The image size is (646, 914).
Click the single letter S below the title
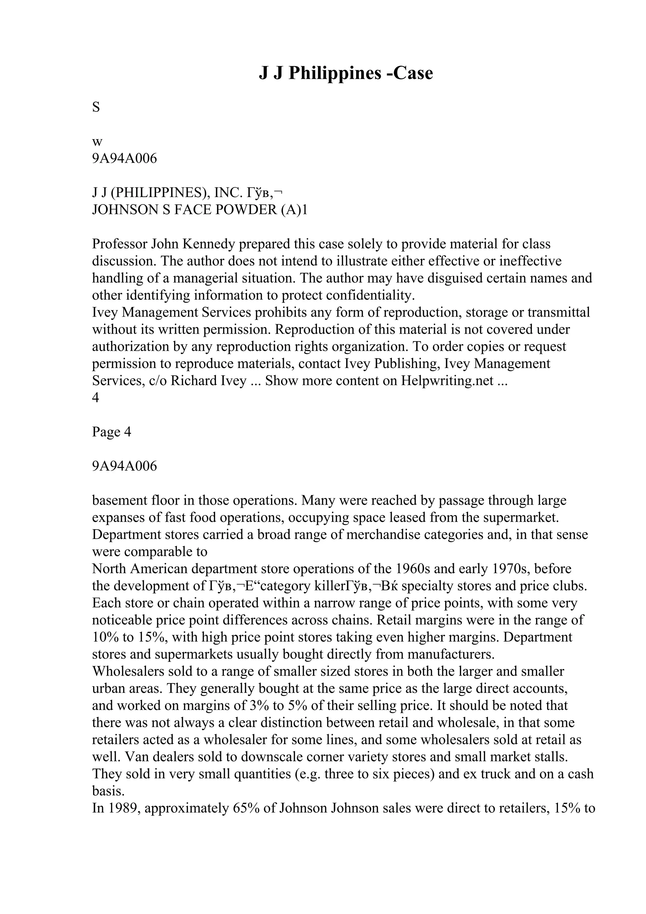pos(96,107)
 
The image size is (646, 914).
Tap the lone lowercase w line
pos(97,142)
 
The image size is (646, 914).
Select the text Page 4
pos(111,432)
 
